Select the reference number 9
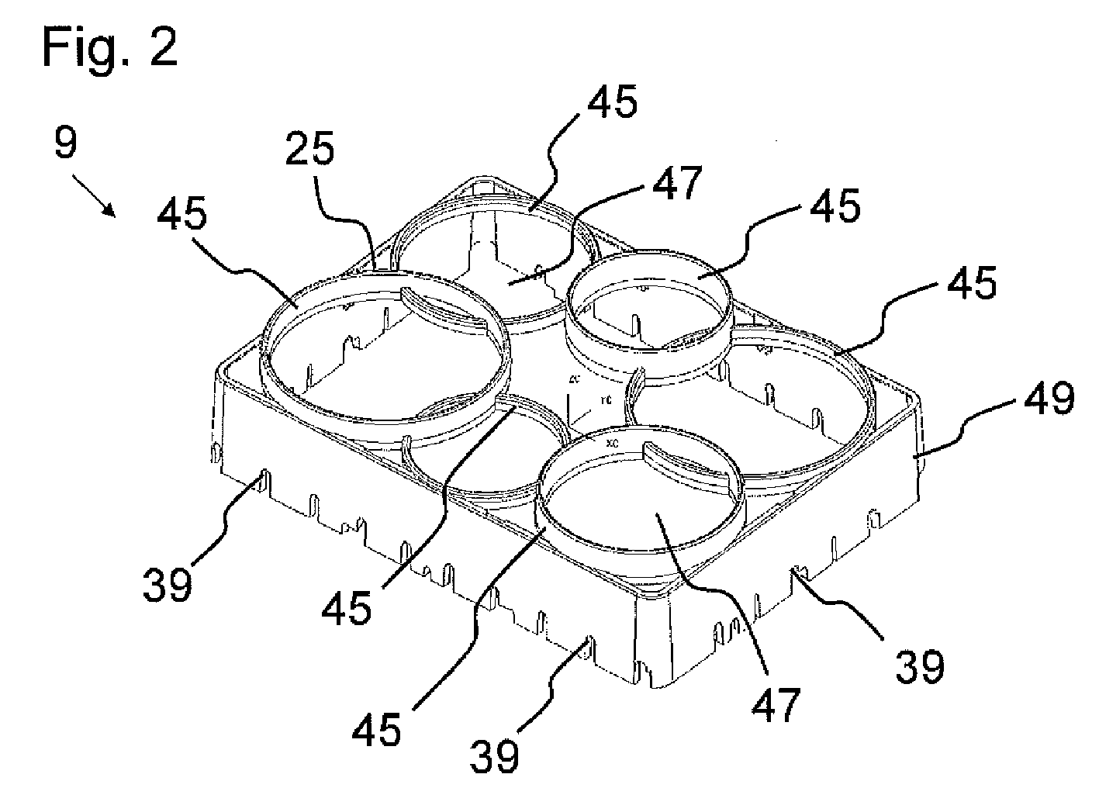click(x=66, y=143)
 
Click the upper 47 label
click(x=676, y=184)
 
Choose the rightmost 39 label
click(x=921, y=665)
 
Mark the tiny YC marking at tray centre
click(x=603, y=403)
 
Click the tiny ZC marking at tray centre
click(x=575, y=380)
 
